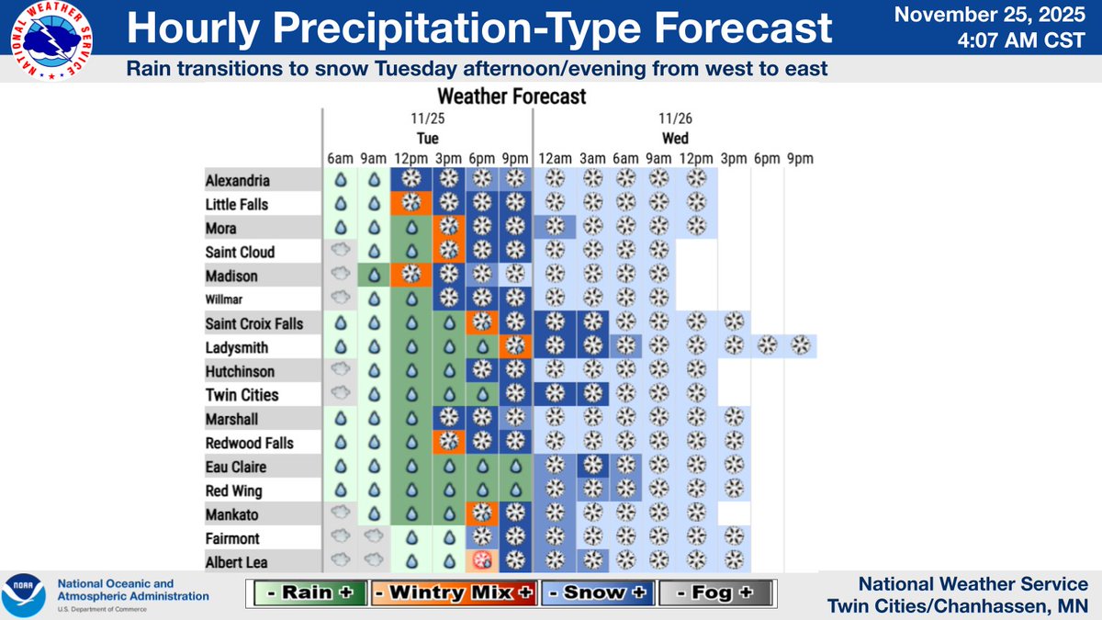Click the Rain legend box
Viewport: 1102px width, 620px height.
point(310,593)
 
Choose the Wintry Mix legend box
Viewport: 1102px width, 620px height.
point(455,593)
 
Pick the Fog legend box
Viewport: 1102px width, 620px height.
point(713,593)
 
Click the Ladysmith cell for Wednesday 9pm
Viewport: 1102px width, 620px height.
point(801,346)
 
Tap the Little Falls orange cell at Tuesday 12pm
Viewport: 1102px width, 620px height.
point(411,203)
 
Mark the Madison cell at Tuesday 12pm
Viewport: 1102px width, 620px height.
point(411,275)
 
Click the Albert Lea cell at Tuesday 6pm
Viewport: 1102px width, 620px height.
point(481,561)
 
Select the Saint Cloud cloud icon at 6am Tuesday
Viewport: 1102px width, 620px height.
point(340,251)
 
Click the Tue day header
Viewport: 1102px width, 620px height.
point(427,138)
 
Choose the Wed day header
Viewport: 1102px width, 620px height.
point(675,138)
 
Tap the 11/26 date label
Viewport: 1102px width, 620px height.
point(675,118)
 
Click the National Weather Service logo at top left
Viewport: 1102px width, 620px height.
point(53,40)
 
